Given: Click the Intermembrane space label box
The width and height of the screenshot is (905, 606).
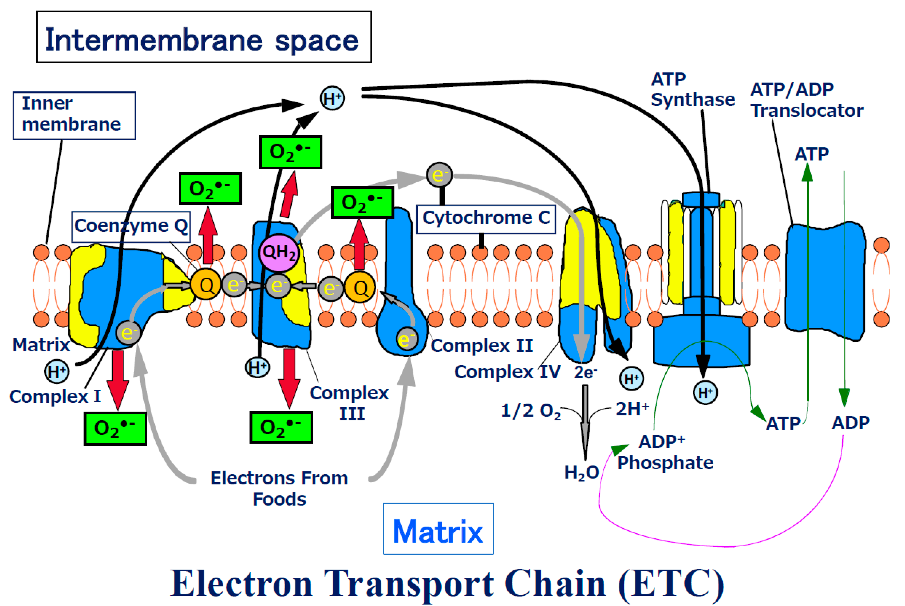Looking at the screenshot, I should [x=204, y=37].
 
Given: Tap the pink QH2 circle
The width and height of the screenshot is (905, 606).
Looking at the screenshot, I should [x=279, y=253].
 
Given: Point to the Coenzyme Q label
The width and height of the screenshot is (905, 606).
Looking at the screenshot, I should [x=131, y=226].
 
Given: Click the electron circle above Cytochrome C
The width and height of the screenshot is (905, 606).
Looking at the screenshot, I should [x=439, y=175].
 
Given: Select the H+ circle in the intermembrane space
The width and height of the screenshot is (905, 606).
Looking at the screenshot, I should [x=332, y=98].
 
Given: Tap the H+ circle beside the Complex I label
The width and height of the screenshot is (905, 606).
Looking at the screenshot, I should [x=57, y=372].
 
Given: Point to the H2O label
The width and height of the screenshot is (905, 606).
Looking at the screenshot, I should [x=581, y=472].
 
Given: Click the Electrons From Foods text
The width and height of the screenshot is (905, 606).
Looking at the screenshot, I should [x=279, y=488].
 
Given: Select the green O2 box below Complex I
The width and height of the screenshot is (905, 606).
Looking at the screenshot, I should [x=115, y=428].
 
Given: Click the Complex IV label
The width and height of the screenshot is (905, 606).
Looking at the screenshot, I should [x=507, y=372].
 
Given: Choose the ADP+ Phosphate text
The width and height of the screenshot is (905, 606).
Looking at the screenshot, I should [x=664, y=452].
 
